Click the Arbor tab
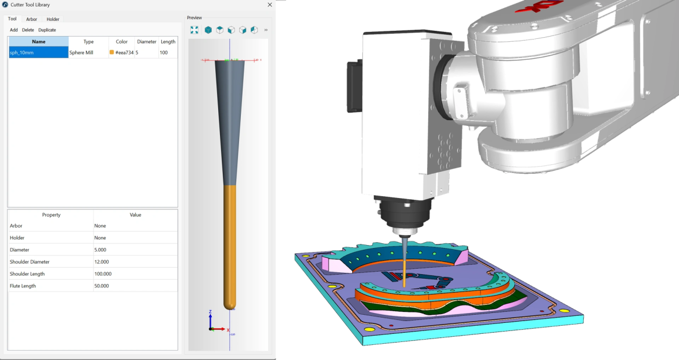coord(31,19)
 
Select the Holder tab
coord(53,19)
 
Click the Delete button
coord(28,30)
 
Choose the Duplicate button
coord(47,30)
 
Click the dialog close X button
coord(269,5)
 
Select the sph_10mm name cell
coord(38,52)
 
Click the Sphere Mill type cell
coord(88,52)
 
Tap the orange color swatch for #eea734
coord(112,52)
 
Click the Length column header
coord(168,42)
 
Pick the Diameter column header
coord(146,42)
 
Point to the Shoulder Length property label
coord(27,274)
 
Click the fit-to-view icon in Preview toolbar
coord(194,30)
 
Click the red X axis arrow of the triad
coord(221,329)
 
